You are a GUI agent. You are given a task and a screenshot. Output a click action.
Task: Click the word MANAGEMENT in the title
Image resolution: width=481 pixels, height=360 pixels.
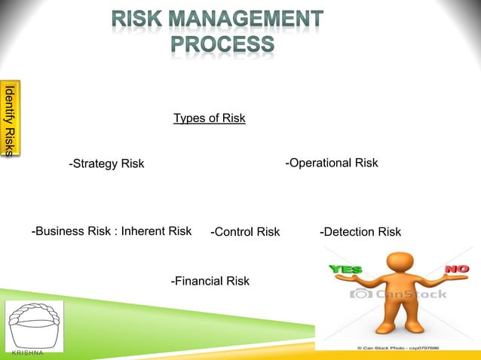pyautogui.click(x=253, y=18)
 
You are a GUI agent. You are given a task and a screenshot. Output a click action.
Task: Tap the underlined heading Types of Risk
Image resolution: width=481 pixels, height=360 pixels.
pyautogui.click(x=209, y=118)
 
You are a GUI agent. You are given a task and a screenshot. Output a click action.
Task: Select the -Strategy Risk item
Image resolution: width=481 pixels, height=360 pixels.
pyautogui.click(x=106, y=164)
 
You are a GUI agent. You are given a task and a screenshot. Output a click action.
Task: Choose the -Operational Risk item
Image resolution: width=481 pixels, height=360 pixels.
pyautogui.click(x=331, y=163)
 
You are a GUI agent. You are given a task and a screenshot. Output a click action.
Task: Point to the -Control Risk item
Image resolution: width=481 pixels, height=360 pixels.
pyautogui.click(x=245, y=232)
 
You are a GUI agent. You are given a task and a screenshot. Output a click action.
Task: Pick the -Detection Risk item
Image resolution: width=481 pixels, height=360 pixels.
pyautogui.click(x=360, y=232)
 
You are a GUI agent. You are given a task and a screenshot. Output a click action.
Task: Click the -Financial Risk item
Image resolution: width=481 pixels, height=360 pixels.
pyautogui.click(x=210, y=281)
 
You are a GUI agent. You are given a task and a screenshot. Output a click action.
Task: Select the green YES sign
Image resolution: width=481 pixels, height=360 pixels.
pyautogui.click(x=345, y=269)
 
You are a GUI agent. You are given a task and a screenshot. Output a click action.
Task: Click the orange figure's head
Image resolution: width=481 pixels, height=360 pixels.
pyautogui.click(x=400, y=264)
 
